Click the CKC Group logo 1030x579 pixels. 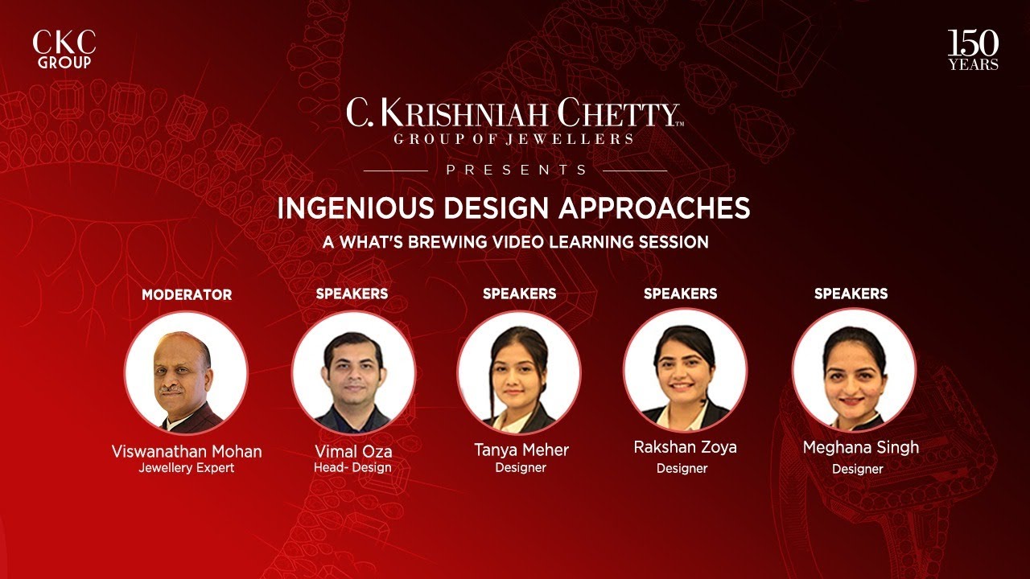[64, 50]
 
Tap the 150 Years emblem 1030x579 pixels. [973, 51]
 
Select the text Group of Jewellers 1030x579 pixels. [513, 139]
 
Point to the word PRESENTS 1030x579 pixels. [516, 170]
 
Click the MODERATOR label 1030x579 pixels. [187, 294]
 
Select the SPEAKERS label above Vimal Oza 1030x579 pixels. [352, 294]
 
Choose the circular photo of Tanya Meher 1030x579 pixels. [519, 372]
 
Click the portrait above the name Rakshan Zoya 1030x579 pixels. [685, 370]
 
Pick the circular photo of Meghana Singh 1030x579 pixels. [854, 371]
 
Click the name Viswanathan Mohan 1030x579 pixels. [187, 451]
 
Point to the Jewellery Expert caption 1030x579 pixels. [187, 468]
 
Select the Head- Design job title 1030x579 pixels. [352, 468]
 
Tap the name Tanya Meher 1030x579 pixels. [521, 449]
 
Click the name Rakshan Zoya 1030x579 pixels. [685, 447]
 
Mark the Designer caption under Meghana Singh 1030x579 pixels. [857, 469]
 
